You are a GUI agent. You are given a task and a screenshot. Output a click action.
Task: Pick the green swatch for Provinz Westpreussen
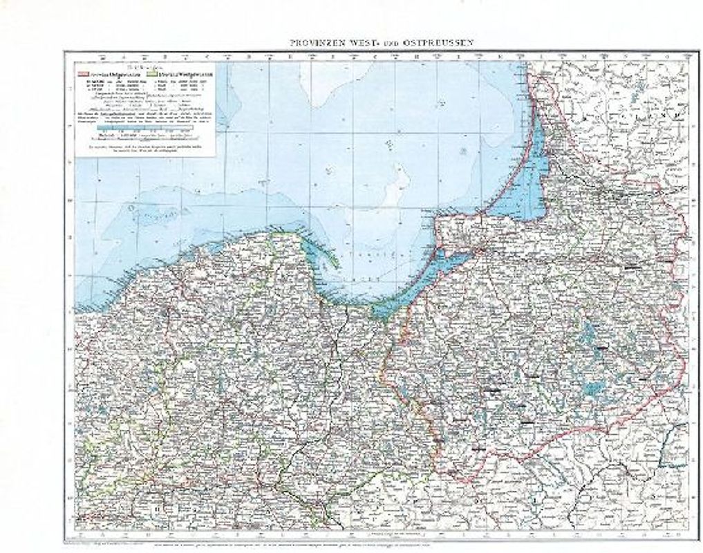point(153,71)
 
